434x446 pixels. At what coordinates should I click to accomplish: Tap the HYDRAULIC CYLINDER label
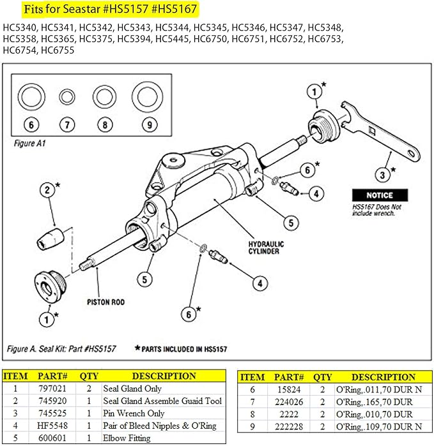267,248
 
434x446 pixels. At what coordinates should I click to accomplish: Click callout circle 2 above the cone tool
47,190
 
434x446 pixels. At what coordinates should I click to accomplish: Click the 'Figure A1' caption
29,144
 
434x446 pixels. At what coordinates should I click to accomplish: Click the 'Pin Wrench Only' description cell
134,413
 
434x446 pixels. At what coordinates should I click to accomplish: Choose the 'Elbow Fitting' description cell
127,438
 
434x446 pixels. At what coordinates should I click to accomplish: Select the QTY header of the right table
323,377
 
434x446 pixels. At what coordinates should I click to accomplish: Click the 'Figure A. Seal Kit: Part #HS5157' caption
61,349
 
